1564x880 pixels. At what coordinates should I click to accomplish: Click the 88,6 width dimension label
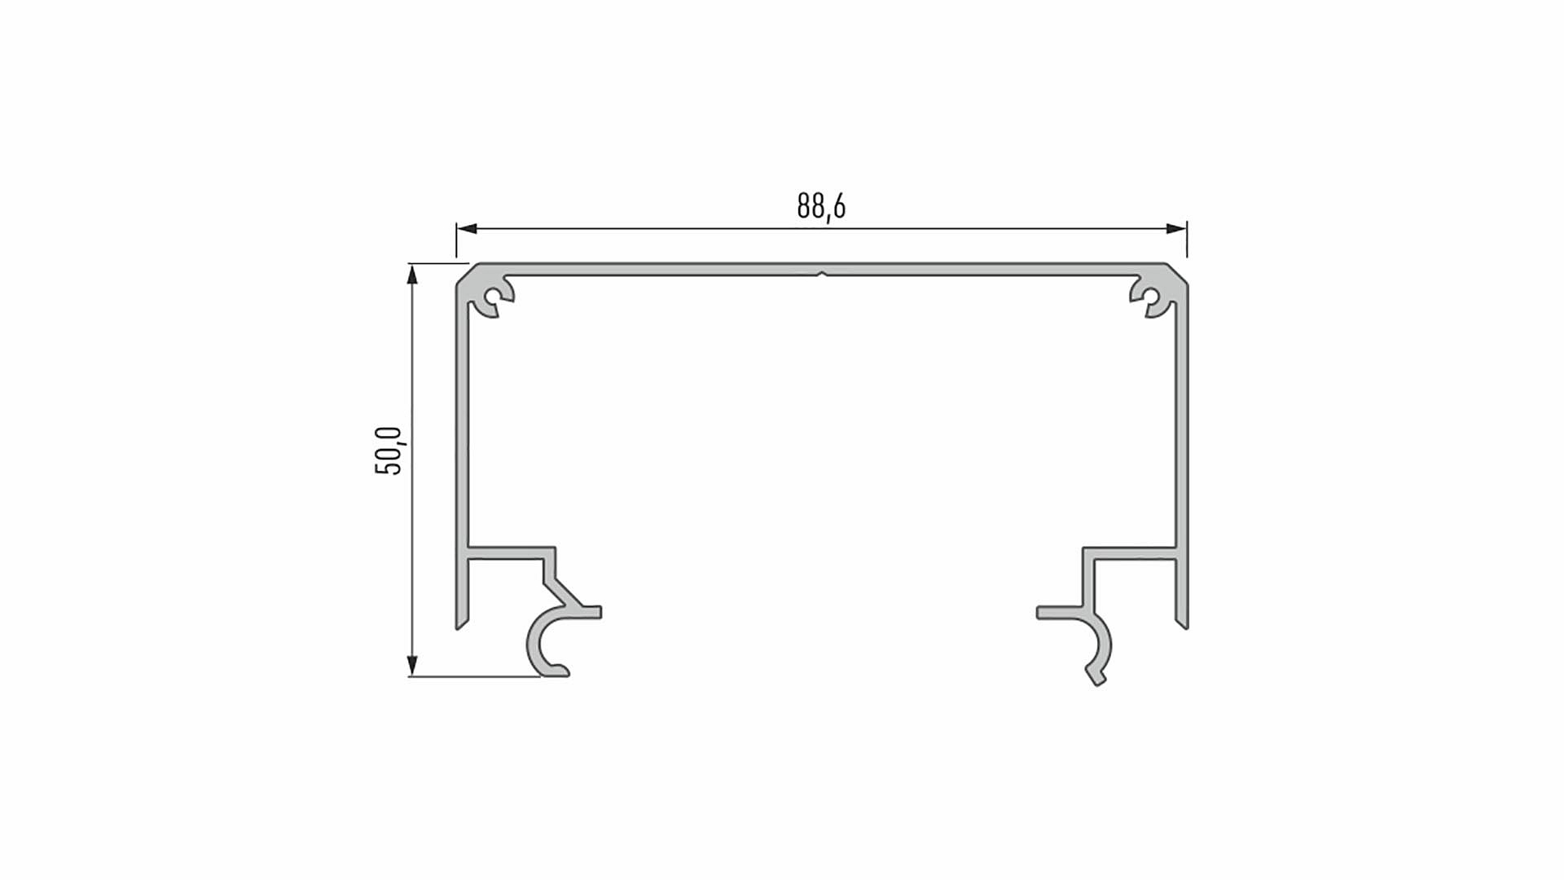pyautogui.click(x=821, y=206)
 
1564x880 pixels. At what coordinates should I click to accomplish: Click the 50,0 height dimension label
pyautogui.click(x=389, y=451)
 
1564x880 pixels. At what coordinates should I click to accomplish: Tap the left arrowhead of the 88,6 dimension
pyautogui.click(x=467, y=229)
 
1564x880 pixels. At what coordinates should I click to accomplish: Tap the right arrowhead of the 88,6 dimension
pyautogui.click(x=1176, y=229)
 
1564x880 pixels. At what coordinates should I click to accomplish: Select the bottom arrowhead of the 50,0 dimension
pyautogui.click(x=412, y=666)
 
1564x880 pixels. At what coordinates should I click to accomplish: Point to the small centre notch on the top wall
pyautogui.click(x=822, y=274)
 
